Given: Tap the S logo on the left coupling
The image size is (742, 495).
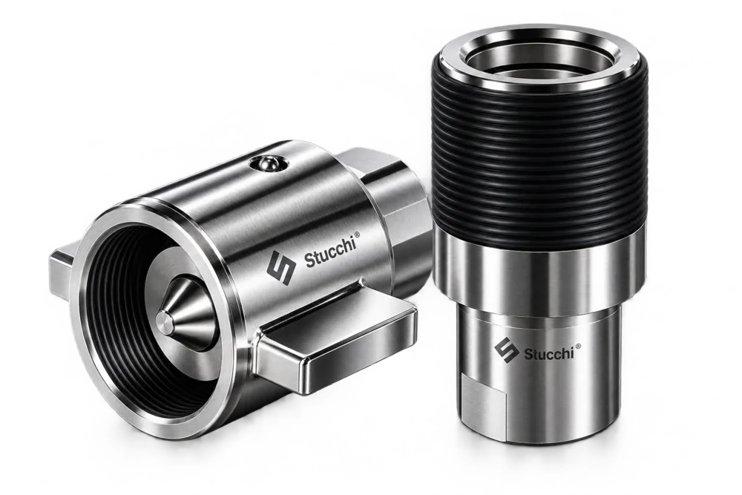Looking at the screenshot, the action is (x=280, y=268).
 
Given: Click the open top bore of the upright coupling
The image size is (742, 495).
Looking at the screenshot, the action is (x=539, y=61).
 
